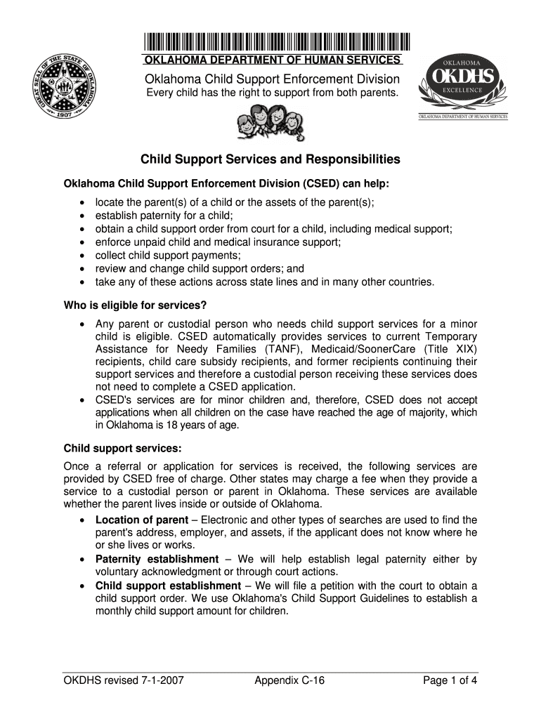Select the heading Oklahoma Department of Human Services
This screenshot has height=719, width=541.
(272, 60)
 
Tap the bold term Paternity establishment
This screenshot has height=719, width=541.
(157, 559)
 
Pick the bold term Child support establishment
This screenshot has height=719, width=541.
(168, 586)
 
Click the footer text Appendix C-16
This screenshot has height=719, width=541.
(289, 680)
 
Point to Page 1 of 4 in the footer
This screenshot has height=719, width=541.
(450, 680)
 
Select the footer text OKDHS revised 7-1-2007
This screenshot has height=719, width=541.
(124, 680)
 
